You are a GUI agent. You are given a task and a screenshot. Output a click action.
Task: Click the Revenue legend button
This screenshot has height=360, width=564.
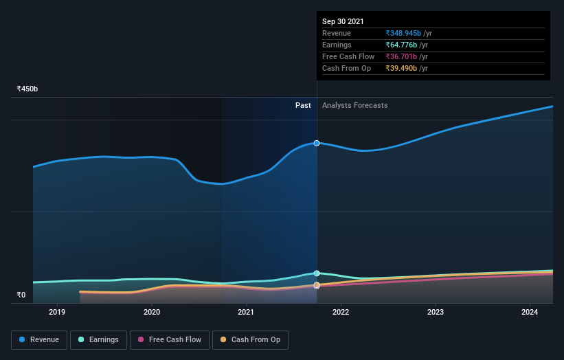point(40,339)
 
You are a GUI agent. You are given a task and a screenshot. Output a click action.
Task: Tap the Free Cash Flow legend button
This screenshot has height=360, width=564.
point(169,339)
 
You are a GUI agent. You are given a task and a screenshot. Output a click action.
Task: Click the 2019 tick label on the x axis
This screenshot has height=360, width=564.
point(57,312)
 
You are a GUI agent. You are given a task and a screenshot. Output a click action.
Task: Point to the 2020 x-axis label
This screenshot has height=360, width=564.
point(152,312)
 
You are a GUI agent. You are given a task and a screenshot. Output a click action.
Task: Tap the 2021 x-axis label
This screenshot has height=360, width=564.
point(246,312)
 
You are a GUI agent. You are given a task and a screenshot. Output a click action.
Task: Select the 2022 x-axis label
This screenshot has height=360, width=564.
point(341,312)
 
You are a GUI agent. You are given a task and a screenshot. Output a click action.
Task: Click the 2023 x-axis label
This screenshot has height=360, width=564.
point(435,312)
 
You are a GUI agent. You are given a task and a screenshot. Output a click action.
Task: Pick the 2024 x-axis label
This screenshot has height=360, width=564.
point(530,312)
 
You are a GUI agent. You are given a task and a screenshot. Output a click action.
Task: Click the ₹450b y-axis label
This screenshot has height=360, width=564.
point(27,89)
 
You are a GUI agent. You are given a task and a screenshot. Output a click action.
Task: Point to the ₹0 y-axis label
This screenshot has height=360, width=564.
point(21,295)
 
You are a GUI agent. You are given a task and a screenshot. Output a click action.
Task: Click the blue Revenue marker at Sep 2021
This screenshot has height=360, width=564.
point(317,143)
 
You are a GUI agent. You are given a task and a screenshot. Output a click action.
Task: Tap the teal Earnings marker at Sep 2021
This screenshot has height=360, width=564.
point(317,273)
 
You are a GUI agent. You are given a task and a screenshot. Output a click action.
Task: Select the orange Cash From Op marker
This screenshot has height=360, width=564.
point(317,285)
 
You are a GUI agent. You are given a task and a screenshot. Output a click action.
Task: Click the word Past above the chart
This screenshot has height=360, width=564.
point(303,105)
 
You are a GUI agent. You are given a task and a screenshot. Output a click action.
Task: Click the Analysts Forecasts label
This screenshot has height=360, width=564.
point(354,105)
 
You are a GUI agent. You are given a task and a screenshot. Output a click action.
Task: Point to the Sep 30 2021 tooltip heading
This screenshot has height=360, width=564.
point(343,21)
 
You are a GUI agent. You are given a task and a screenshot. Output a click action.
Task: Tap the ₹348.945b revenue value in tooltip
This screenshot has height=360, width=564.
point(403,33)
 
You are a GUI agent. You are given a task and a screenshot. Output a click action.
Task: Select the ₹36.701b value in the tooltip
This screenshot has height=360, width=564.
point(401,56)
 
